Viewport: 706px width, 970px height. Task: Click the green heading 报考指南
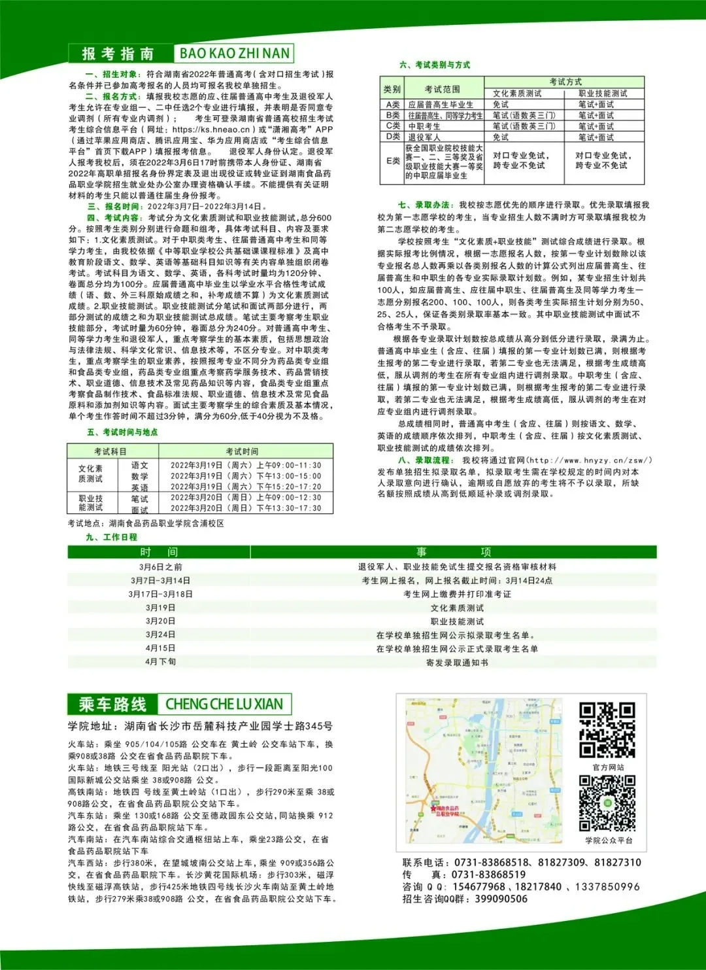pyautogui.click(x=118, y=54)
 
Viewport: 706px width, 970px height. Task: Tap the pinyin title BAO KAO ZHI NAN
pyautogui.click(x=234, y=54)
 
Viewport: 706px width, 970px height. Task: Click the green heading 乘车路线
pyautogui.click(x=112, y=704)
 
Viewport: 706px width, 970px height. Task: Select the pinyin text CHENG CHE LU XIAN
pyautogui.click(x=224, y=704)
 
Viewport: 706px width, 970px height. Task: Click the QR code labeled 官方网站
pyautogui.click(x=607, y=730)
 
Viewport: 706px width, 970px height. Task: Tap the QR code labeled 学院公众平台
pyautogui.click(x=607, y=803)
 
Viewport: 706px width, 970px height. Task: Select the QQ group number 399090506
pyautogui.click(x=501, y=899)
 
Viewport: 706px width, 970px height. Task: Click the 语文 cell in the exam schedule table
pyautogui.click(x=139, y=465)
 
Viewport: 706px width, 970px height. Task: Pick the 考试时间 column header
pyautogui.click(x=242, y=451)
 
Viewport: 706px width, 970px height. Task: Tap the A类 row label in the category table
pyautogui.click(x=393, y=105)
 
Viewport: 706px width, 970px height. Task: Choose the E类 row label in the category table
pyautogui.click(x=393, y=161)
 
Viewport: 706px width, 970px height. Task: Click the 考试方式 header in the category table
pyautogui.click(x=565, y=82)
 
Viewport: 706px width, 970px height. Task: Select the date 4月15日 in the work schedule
pyautogui.click(x=160, y=648)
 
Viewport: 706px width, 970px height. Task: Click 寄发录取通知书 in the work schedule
pyautogui.click(x=457, y=663)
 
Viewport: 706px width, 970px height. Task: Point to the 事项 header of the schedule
pyautogui.click(x=457, y=552)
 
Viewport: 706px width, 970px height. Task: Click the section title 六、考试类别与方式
pyautogui.click(x=435, y=65)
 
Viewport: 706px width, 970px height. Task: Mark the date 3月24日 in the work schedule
pyautogui.click(x=160, y=634)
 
